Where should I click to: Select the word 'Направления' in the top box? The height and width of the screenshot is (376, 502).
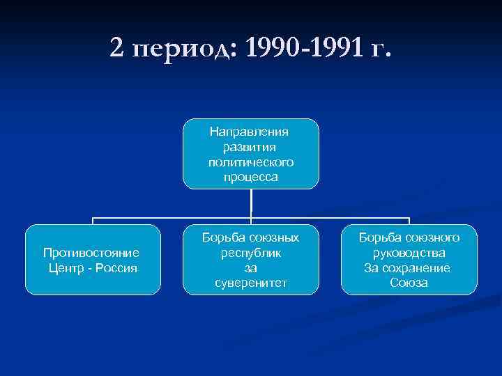(x=251, y=132)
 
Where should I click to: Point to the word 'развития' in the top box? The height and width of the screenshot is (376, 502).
(x=251, y=147)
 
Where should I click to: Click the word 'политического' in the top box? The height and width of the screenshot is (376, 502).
(x=251, y=162)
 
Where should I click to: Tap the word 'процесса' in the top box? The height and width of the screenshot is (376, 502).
(x=251, y=177)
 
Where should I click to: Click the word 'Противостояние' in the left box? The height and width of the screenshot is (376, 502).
(x=91, y=253)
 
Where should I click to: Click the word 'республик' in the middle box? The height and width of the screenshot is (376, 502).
(x=251, y=253)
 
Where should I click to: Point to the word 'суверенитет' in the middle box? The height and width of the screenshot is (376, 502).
(x=251, y=283)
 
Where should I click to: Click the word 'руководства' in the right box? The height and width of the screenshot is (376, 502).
(x=409, y=253)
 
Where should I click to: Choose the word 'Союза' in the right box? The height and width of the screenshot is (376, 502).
(x=409, y=283)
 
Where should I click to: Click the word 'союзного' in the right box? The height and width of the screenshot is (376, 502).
(x=432, y=237)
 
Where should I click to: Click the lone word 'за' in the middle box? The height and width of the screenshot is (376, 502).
(x=251, y=268)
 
